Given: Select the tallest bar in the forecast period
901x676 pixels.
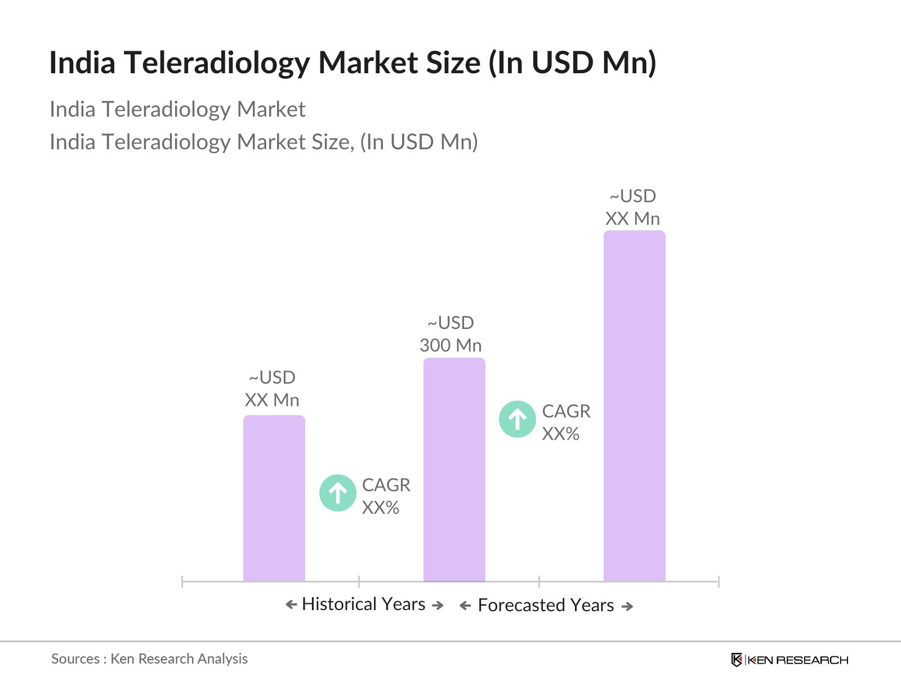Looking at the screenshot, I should point(634,406).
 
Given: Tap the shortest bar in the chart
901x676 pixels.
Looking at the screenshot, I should point(274,498).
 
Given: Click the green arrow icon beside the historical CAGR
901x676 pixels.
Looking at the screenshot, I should point(338,493).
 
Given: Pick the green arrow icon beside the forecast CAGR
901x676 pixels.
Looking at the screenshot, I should point(518,419).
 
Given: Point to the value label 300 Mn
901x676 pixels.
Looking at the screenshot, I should point(450,345).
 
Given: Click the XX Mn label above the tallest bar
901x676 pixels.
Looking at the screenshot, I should point(632,219).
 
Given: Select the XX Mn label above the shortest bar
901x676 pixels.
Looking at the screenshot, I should point(272,400).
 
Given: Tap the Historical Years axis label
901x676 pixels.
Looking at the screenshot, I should point(364,604).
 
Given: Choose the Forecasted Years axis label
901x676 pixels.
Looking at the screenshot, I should point(546,605).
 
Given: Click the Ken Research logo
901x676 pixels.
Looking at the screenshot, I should point(790,660).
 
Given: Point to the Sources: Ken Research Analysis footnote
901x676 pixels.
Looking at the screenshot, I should point(149,659).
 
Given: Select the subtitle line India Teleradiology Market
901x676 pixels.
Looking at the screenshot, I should point(177,109).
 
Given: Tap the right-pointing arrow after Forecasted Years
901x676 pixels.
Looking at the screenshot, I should point(627,606).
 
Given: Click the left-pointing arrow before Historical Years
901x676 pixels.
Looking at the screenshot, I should point(291,604).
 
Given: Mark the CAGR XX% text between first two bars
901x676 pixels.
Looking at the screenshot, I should point(386,496).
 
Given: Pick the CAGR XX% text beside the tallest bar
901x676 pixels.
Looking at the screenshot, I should point(566,422).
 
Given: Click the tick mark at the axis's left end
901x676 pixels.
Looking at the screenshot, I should point(182,581).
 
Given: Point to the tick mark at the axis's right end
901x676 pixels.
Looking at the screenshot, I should point(719,581).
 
